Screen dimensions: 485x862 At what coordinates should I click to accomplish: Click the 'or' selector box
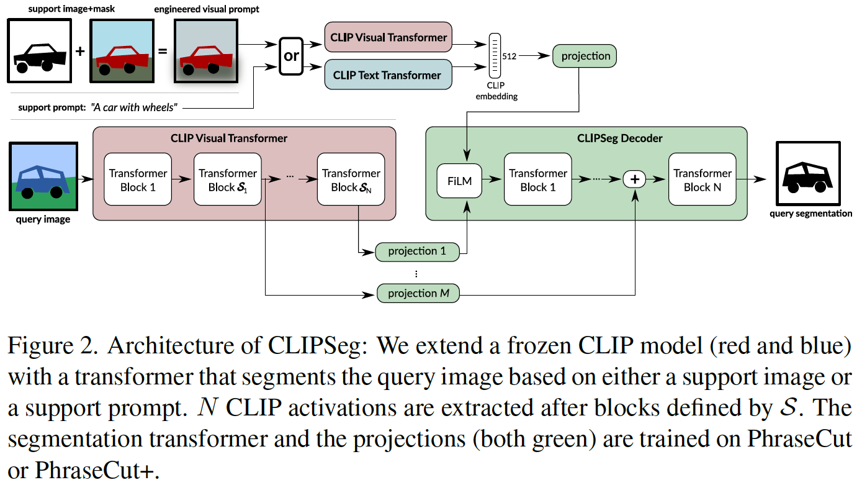point(291,56)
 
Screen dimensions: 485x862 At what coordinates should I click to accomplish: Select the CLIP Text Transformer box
point(387,75)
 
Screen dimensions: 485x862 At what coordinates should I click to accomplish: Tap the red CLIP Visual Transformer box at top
point(388,37)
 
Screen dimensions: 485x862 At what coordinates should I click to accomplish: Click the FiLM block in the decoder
point(459,181)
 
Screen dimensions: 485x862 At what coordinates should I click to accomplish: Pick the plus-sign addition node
point(634,179)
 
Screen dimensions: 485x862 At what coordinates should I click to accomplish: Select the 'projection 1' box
point(417,252)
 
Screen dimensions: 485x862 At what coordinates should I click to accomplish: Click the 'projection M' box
point(418,293)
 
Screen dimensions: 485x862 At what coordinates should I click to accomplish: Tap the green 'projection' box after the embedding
point(585,56)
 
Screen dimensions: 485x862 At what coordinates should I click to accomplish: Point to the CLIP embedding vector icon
point(495,56)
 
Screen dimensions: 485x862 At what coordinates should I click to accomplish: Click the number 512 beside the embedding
point(510,56)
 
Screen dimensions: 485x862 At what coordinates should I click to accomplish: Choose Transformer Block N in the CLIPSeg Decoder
point(702,180)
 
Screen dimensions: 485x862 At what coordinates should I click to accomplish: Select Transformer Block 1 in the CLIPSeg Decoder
point(538,180)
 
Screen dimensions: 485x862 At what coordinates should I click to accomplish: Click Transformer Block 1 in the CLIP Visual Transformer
point(138,180)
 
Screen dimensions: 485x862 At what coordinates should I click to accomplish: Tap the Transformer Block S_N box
point(351,180)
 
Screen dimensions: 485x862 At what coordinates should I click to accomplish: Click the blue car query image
point(43,176)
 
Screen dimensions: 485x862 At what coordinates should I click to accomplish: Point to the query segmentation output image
point(809,175)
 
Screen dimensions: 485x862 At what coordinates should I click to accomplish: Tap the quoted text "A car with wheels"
point(134,108)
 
